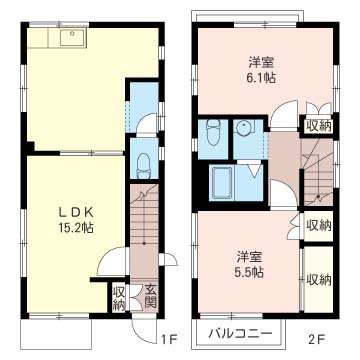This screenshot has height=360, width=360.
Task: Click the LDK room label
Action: pyautogui.click(x=76, y=212)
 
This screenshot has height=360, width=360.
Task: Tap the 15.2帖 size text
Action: pyautogui.click(x=76, y=228)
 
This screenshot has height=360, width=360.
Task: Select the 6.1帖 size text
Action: pyautogui.click(x=261, y=78)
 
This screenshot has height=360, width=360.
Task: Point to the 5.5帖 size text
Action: pyautogui.click(x=250, y=273)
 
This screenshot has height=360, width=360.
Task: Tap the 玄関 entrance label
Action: pyautogui.click(x=150, y=296)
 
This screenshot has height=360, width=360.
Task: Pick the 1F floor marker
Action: pyautogui.click(x=168, y=340)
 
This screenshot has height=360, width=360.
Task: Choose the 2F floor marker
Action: pyautogui.click(x=316, y=340)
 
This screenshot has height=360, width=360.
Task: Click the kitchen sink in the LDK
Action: pyautogui.click(x=73, y=37)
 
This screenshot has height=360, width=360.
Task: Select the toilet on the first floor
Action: pyautogui.click(x=144, y=165)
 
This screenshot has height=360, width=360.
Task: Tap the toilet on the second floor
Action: pyautogui.click(x=213, y=132)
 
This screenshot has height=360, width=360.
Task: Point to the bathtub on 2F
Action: pyautogui.click(x=221, y=183)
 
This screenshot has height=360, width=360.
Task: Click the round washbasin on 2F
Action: pyautogui.click(x=243, y=128)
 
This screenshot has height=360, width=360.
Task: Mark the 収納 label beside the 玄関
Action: pyautogui.click(x=119, y=298)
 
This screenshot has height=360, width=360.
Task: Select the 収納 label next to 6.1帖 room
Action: pyautogui.click(x=318, y=126)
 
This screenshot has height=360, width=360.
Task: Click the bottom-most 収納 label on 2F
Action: pyautogui.click(x=319, y=279)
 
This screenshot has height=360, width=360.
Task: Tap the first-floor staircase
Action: pyautogui.click(x=144, y=231)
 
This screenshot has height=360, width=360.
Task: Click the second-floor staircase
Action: pyautogui.click(x=318, y=172)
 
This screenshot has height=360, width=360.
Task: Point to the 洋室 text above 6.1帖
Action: pyautogui.click(x=261, y=62)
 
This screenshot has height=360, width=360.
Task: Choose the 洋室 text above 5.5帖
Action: pyautogui.click(x=250, y=257)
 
